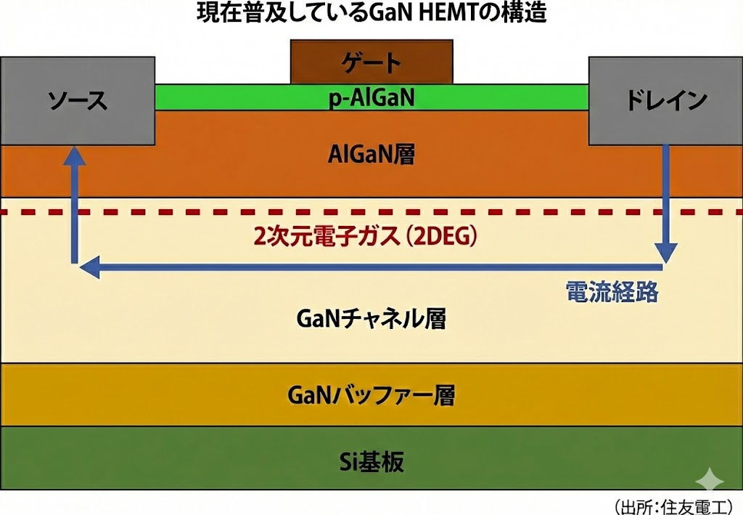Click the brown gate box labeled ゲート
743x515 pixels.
[x=371, y=62]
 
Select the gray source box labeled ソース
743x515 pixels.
[x=78, y=100]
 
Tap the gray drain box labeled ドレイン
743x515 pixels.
[x=665, y=100]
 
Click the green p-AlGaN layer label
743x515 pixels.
[x=371, y=97]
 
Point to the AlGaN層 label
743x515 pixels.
[x=371, y=154]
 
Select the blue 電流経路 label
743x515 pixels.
[x=611, y=291]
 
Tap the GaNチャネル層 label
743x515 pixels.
[x=371, y=318]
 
